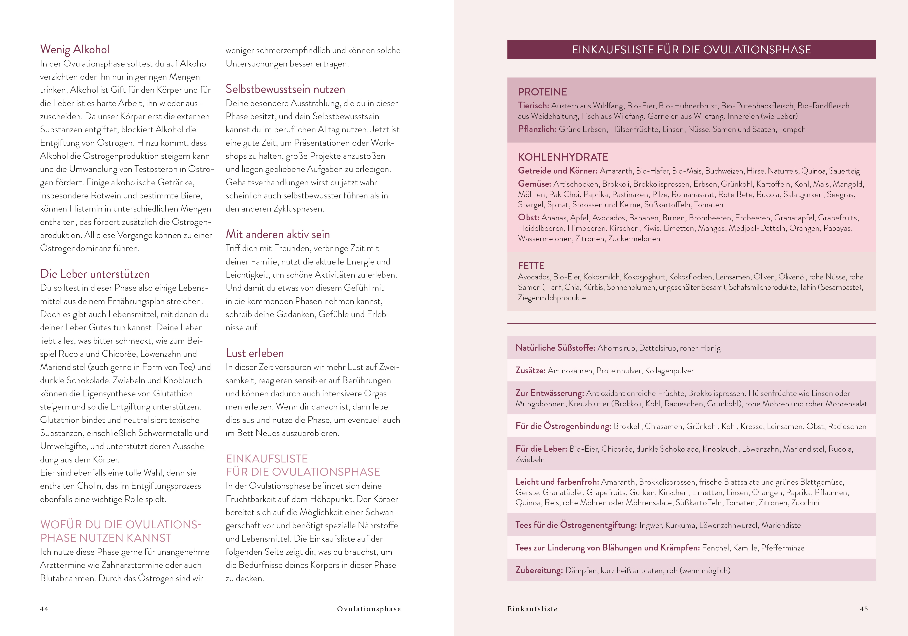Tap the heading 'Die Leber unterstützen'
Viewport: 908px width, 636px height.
tap(95, 274)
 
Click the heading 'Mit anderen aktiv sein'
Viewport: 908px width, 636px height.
tap(278, 234)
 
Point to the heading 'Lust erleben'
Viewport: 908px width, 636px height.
tap(255, 353)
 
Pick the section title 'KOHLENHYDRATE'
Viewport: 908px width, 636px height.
tap(563, 157)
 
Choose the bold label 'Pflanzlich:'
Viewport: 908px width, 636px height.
tap(537, 129)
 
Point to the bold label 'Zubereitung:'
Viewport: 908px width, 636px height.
tap(539, 570)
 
